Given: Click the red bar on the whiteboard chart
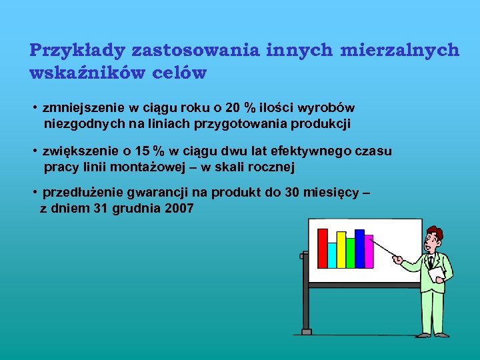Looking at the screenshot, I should coord(323,248).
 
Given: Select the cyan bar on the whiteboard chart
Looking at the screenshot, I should coord(332,255).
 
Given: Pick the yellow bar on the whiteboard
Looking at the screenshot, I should coord(341,249).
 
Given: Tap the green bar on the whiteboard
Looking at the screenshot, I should coord(351,252).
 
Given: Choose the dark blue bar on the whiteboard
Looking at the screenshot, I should coord(360,248).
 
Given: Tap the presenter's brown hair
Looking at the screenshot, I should coord(434,233).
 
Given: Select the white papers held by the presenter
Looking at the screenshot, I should coord(437,273).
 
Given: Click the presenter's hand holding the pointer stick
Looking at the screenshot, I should coord(398,259).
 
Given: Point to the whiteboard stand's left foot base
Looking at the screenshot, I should coord(306,331).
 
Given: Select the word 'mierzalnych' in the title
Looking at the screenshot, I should coord(400,51).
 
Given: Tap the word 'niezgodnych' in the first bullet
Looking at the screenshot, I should coord(77,123).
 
